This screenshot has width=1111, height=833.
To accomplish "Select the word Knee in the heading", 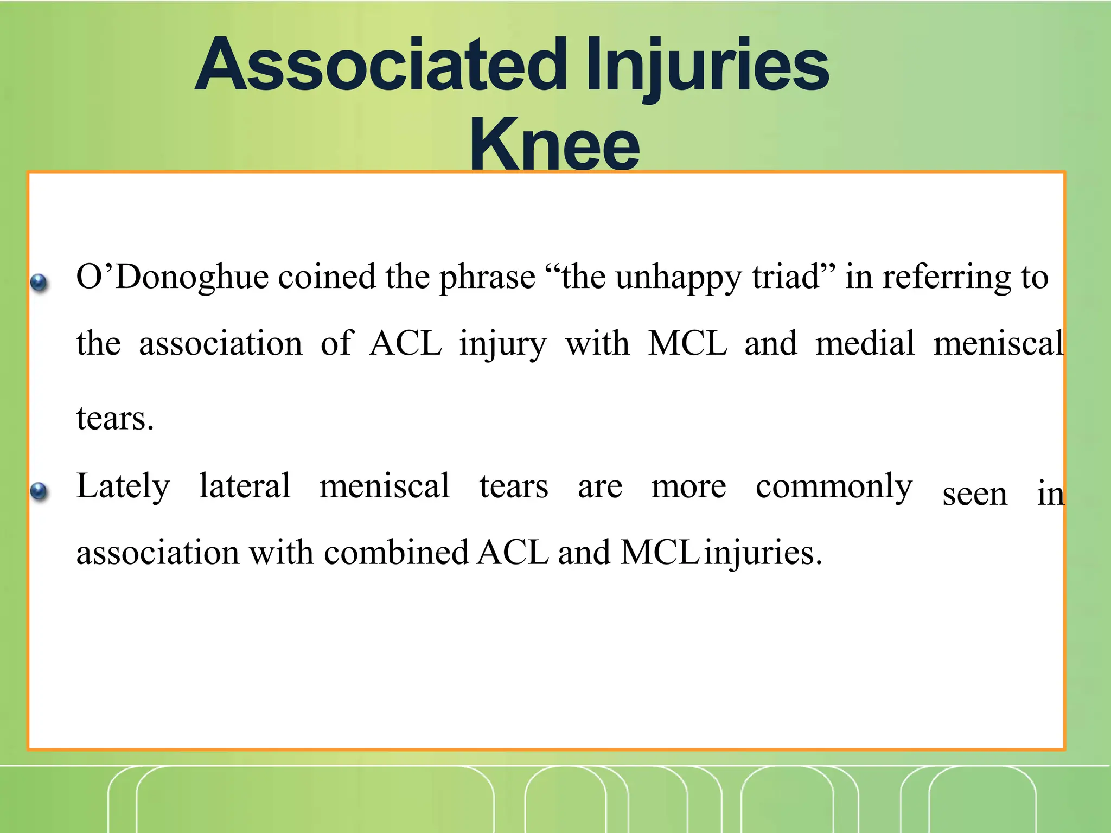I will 554,144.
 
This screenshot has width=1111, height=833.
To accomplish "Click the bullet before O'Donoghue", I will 39,282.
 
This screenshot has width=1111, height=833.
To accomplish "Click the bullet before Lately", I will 39,491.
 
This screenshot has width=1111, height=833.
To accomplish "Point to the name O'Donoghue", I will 172,278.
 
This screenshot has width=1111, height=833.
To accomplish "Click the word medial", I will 865,343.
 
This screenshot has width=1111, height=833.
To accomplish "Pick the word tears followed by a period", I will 115,419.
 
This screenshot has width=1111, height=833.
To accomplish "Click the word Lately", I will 123,486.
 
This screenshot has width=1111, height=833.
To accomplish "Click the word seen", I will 974,495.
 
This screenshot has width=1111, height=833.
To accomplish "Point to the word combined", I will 396,553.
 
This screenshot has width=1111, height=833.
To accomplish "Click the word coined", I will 327,277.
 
